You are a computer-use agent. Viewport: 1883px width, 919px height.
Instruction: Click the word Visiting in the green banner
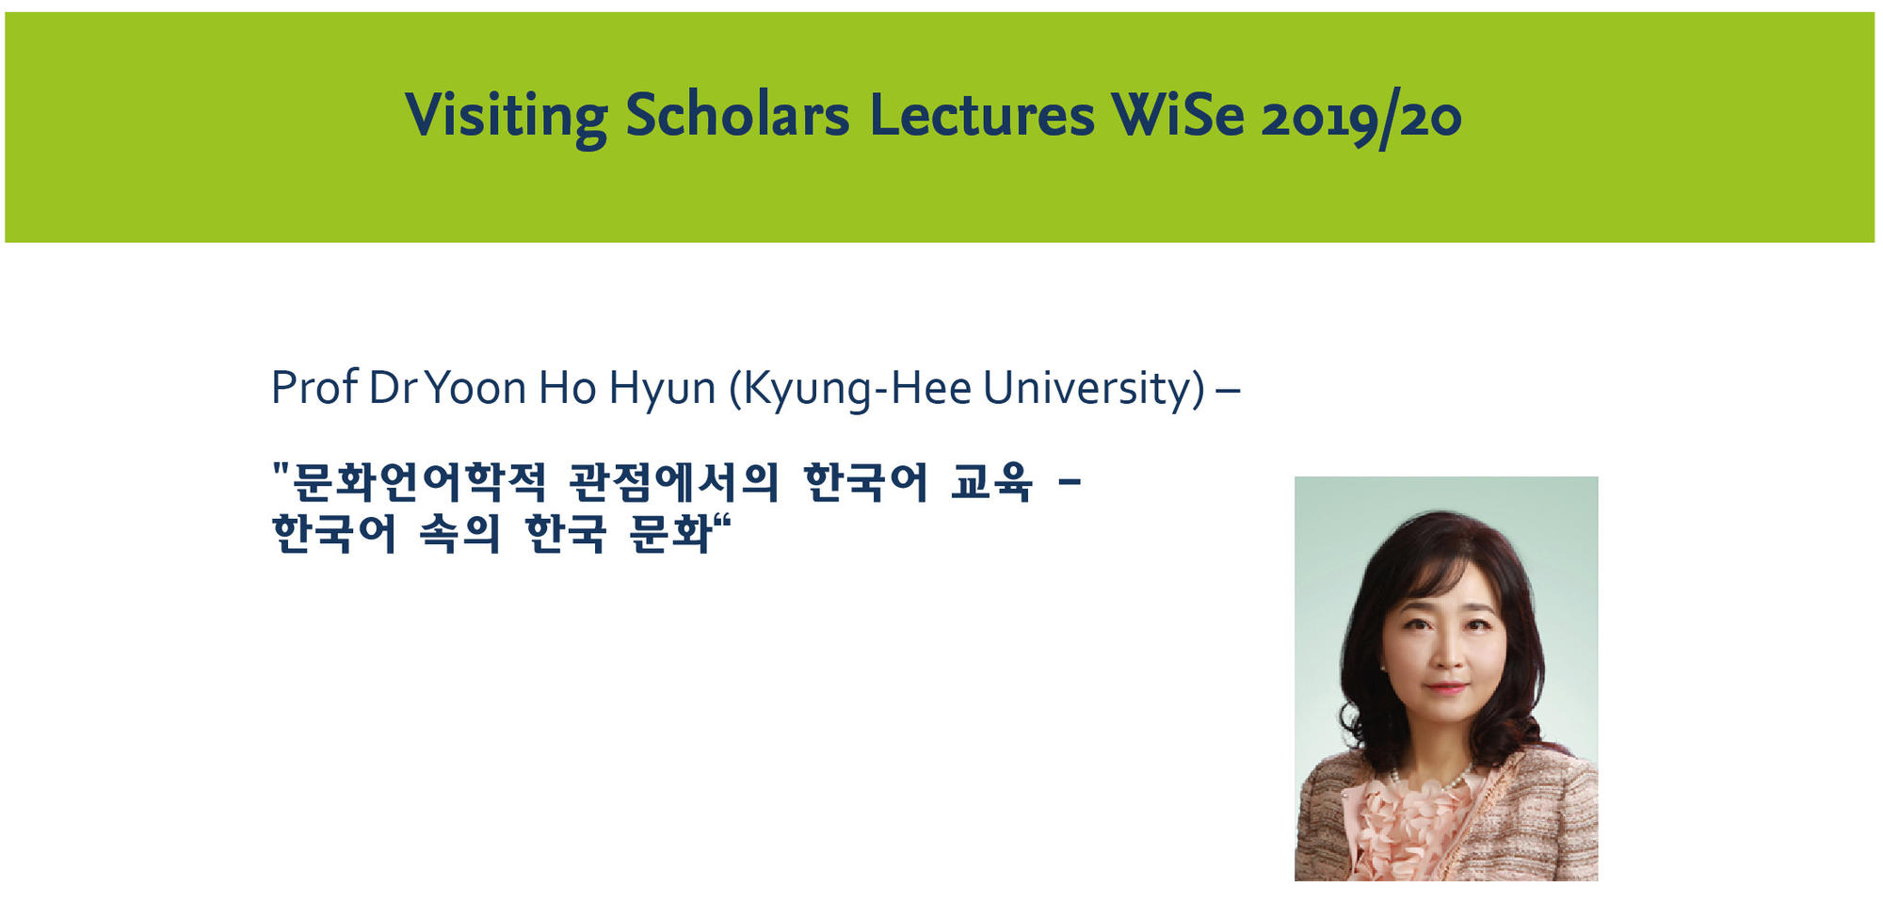point(507,117)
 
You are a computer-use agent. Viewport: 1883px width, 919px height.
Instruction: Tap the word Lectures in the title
point(982,116)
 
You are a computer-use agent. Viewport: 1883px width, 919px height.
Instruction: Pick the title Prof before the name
point(314,387)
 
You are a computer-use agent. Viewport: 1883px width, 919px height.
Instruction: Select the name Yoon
point(475,388)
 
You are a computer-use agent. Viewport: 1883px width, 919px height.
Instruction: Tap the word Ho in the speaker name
point(567,388)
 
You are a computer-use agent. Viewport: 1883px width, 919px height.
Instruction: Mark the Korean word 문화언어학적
point(419,482)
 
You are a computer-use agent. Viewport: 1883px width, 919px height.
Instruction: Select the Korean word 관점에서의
point(674,482)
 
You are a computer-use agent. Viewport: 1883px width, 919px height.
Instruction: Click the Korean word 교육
point(990,482)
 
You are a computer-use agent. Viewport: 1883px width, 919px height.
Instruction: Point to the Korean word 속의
point(459,534)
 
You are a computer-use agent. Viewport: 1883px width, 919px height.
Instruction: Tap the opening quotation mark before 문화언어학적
point(280,470)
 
